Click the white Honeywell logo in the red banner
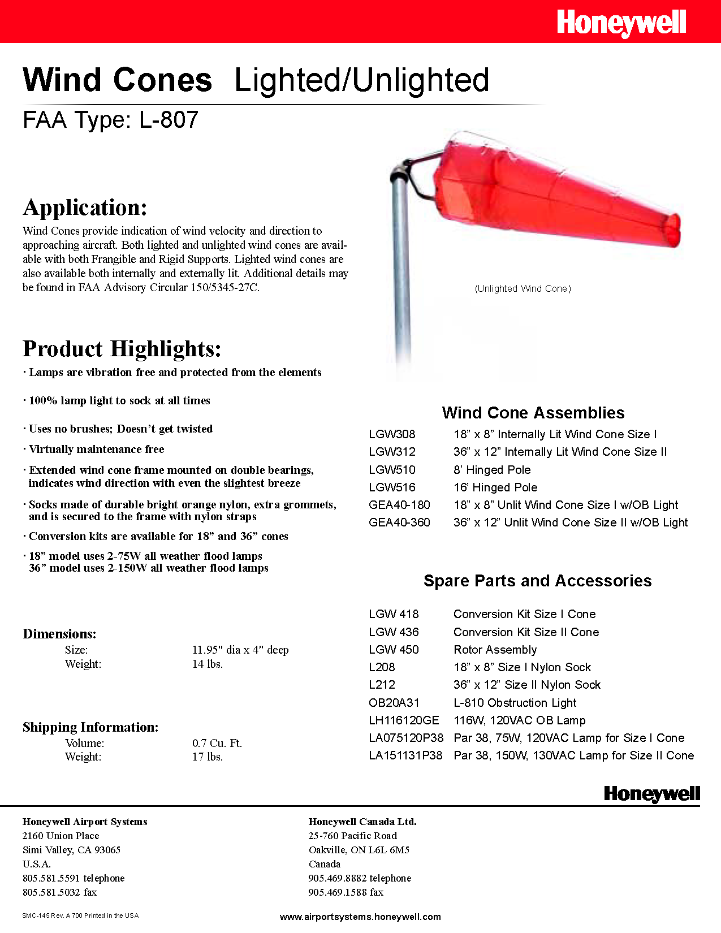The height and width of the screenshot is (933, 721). point(621,23)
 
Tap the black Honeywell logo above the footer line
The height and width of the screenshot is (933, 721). point(651,794)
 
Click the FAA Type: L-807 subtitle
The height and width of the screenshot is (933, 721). point(111,120)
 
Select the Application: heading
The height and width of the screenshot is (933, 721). point(85,208)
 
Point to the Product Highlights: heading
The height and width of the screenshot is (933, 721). point(122,349)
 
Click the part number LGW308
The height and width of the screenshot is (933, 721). point(392,434)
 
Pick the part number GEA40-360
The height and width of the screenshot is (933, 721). point(399,522)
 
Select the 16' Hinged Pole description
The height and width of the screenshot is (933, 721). point(495,487)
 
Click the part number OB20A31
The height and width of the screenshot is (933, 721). point(394,703)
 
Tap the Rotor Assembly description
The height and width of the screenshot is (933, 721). point(495,650)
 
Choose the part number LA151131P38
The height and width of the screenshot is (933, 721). point(405,755)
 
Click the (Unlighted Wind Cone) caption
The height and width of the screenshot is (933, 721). point(523,288)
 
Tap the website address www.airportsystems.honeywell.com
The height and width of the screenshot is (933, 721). point(360,917)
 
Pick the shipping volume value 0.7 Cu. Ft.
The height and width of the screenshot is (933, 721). point(217,743)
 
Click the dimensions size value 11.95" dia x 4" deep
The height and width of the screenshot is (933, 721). point(240,650)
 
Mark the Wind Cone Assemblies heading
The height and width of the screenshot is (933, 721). point(533,413)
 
